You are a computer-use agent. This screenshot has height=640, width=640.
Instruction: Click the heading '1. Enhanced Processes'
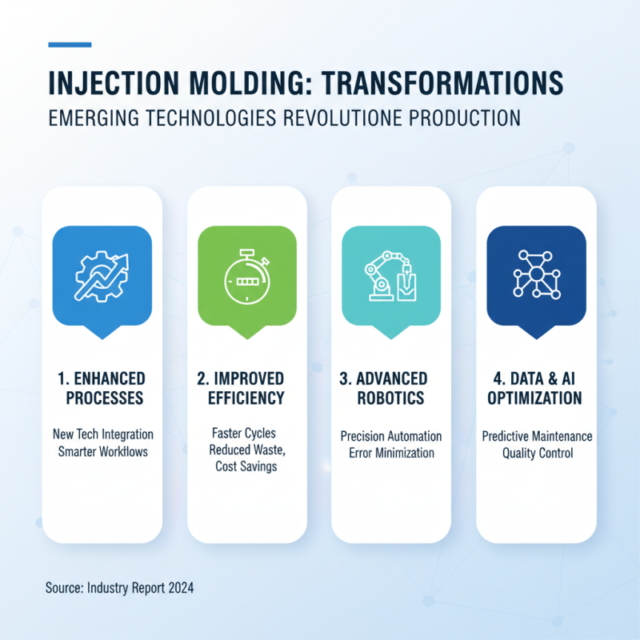(102, 387)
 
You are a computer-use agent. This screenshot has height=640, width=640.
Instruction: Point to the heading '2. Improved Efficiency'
(247, 387)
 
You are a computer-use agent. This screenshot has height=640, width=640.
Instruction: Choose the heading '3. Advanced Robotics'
(391, 387)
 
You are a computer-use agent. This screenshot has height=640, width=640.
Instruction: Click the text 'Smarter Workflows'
(102, 451)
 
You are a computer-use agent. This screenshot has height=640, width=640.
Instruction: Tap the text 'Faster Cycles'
(247, 434)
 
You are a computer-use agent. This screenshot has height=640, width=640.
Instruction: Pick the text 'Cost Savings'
(246, 466)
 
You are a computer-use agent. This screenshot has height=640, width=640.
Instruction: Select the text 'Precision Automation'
(391, 436)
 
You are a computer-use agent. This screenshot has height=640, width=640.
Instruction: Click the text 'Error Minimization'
(391, 453)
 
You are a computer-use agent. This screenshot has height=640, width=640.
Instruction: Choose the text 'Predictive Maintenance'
(537, 436)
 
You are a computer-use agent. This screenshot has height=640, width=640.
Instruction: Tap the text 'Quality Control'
(537, 453)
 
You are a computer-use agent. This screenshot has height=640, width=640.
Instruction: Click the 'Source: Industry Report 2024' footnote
(120, 588)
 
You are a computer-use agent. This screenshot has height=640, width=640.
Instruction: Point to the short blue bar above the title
(70, 45)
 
